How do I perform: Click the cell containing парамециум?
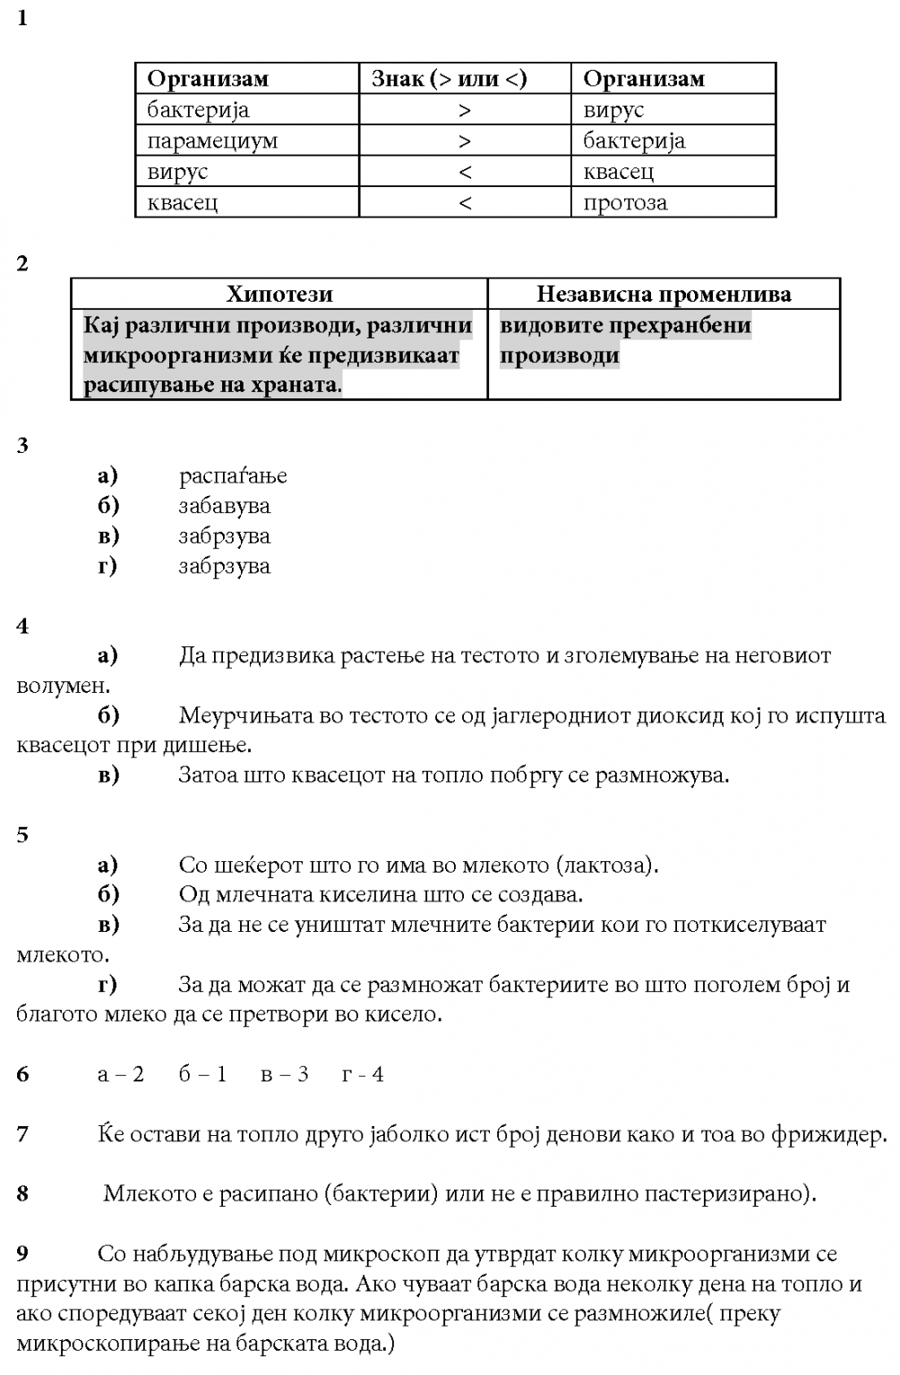click(x=212, y=141)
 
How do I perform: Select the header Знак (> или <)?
click(x=450, y=79)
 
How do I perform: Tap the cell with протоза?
click(x=625, y=203)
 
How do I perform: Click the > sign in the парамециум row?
click(x=464, y=141)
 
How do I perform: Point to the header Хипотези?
click(x=279, y=295)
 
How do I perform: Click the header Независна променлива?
click(x=664, y=295)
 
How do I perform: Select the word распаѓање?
click(x=233, y=475)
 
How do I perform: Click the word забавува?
click(x=224, y=506)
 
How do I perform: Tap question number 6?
click(x=22, y=1074)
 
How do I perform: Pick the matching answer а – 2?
click(x=121, y=1074)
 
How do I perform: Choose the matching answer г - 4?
click(x=363, y=1074)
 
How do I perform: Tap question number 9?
click(x=22, y=1254)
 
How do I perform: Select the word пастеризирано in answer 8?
click(x=726, y=1194)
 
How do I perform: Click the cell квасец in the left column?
click(x=183, y=203)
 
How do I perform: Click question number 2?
click(x=22, y=264)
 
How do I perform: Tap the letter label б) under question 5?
click(x=108, y=894)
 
